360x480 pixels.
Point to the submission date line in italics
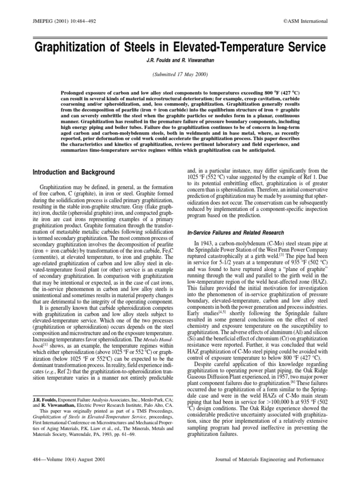tap(180, 75)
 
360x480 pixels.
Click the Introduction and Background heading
tap(74, 172)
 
